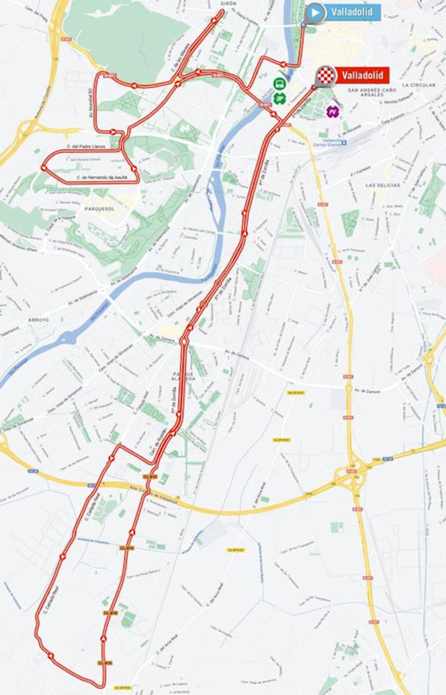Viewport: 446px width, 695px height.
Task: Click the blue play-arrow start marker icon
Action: point(315,12)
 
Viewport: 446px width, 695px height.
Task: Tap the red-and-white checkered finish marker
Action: point(326,75)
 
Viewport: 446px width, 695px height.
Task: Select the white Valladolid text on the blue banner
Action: point(352,12)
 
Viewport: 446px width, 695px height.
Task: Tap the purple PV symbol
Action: point(333,111)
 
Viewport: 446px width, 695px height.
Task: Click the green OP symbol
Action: point(280,98)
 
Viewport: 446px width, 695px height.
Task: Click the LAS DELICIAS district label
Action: point(382,185)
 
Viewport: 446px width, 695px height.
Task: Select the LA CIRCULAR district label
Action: point(418,85)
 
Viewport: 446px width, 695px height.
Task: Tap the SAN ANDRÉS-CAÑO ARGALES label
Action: point(372,92)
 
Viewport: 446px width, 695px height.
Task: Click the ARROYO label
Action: point(38,320)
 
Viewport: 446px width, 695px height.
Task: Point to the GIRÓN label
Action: point(228,3)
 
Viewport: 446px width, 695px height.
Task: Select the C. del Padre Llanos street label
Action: point(86,147)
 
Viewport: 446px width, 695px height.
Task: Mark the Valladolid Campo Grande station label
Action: point(329,142)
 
